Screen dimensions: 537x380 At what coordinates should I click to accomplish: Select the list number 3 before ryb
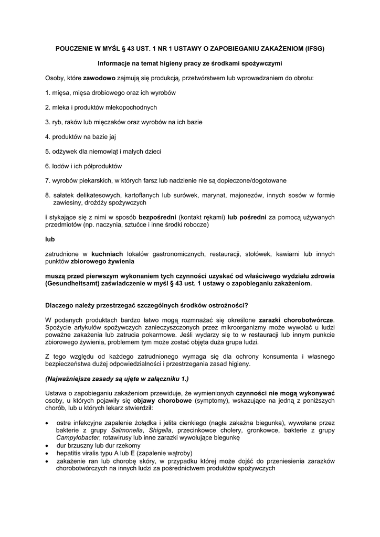(x=47, y=122)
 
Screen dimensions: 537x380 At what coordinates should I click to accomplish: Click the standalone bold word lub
(x=50, y=239)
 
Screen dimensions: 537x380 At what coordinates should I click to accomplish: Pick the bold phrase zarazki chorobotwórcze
(x=297, y=320)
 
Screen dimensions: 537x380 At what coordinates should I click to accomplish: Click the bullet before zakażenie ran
(x=49, y=460)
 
